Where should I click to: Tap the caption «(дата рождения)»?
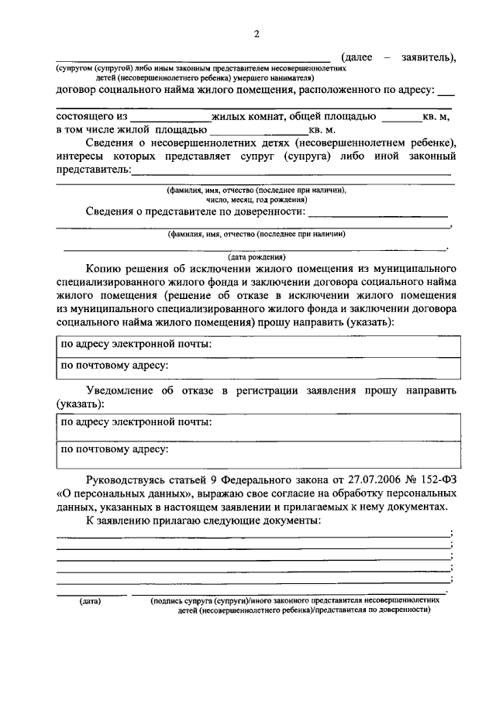click(256, 256)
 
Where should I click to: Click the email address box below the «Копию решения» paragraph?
click(257, 344)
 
